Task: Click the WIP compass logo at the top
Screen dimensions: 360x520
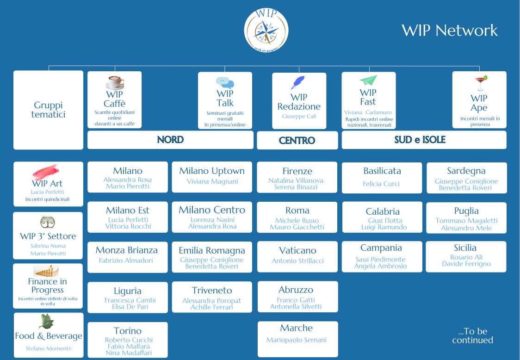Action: (x=266, y=30)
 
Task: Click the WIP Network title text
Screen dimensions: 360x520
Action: (x=450, y=30)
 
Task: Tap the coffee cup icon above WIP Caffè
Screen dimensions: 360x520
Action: (x=115, y=82)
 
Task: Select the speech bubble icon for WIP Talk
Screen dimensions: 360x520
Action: (x=225, y=82)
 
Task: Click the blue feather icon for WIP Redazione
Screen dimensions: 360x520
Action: (x=297, y=83)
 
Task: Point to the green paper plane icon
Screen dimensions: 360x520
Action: (x=368, y=81)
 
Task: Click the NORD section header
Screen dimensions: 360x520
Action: (x=170, y=140)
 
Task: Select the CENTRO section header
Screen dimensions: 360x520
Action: (x=297, y=140)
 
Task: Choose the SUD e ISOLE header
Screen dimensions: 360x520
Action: (x=420, y=140)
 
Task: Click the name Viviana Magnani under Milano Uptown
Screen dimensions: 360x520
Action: (x=212, y=181)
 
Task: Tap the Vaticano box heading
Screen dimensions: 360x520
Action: (x=297, y=250)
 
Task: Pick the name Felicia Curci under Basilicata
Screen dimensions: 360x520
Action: (x=381, y=184)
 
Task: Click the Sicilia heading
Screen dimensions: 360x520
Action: (x=465, y=248)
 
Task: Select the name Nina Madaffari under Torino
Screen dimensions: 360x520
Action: (x=129, y=353)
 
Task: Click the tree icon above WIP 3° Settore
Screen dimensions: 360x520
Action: (x=47, y=223)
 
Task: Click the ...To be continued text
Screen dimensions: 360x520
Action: (x=472, y=335)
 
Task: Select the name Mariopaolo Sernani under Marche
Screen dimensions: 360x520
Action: (x=296, y=340)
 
